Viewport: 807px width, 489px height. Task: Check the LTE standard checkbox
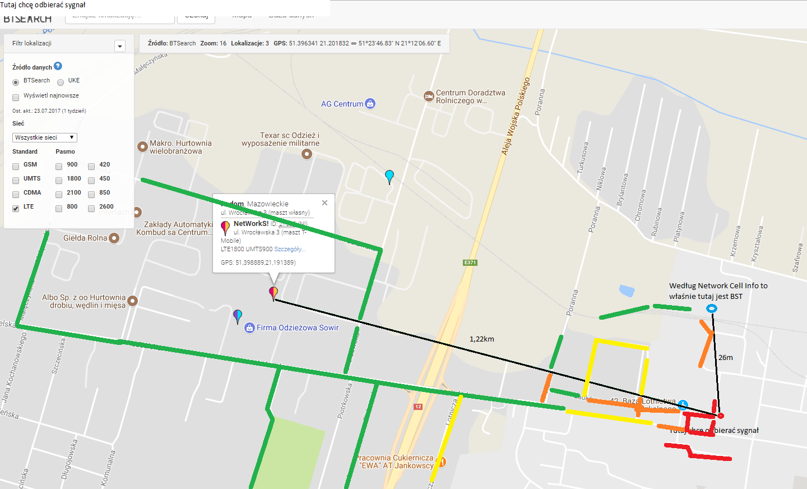click(x=16, y=208)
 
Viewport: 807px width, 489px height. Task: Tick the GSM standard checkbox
click(x=16, y=166)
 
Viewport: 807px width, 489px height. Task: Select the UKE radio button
click(x=61, y=82)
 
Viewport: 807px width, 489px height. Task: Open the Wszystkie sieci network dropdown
click(x=44, y=137)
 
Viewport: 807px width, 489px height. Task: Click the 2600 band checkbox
click(x=91, y=208)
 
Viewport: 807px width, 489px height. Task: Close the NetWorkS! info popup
click(x=324, y=203)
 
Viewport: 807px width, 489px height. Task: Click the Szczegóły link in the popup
click(x=289, y=249)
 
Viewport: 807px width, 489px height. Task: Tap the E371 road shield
click(x=470, y=262)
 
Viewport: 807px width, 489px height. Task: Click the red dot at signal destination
click(x=721, y=416)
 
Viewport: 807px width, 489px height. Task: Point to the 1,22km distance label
click(x=481, y=339)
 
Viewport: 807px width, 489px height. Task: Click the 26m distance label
click(x=725, y=357)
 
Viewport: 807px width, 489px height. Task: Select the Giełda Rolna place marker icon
click(x=114, y=238)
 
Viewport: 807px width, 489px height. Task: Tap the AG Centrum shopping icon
click(x=370, y=104)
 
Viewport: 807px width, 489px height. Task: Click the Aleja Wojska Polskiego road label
click(x=516, y=116)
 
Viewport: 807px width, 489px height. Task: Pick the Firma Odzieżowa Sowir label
click(x=298, y=327)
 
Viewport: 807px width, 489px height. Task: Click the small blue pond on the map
click(x=627, y=290)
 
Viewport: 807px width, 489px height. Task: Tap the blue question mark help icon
click(x=58, y=66)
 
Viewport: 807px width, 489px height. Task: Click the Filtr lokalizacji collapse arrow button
click(x=120, y=46)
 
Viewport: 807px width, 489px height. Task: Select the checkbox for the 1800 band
click(x=59, y=180)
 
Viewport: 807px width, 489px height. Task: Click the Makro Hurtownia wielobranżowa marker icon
click(x=142, y=147)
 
